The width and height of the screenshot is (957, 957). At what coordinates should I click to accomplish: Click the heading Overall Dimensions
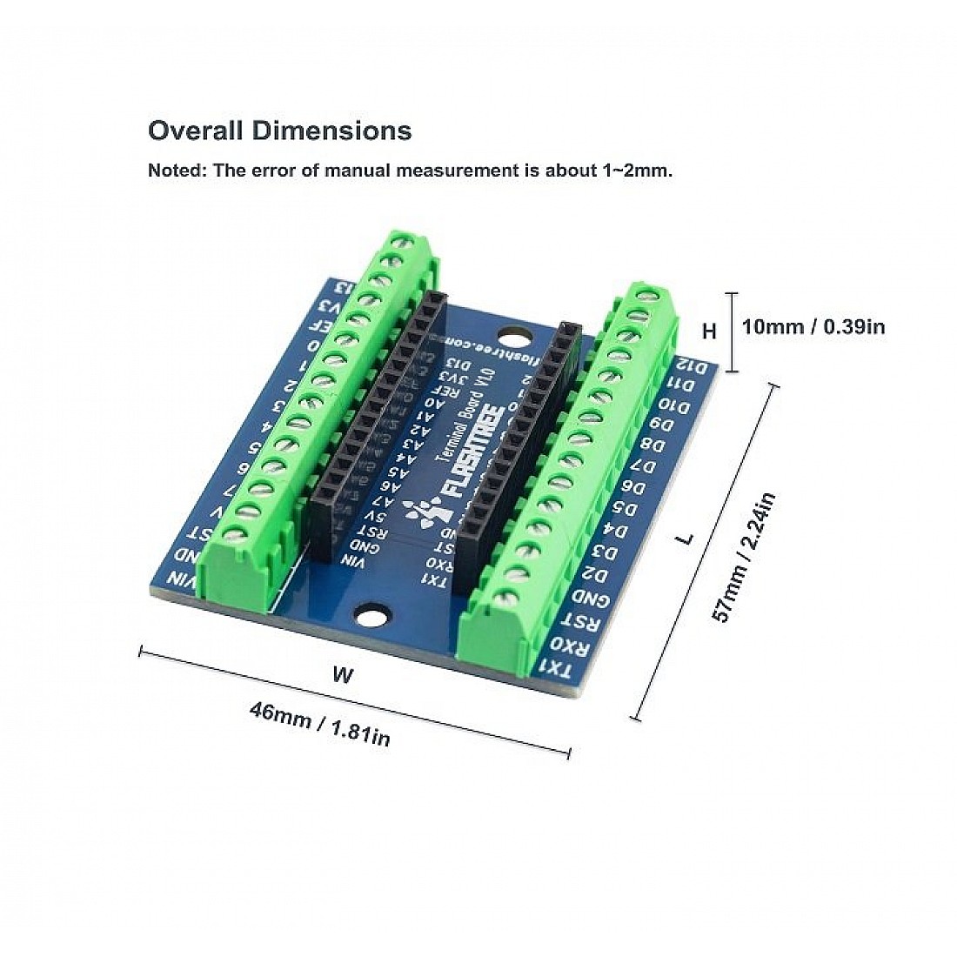pos(279,130)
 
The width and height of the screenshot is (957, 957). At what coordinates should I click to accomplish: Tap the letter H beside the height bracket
pos(710,331)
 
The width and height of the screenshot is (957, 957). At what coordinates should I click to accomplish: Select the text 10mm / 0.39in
pos(813,327)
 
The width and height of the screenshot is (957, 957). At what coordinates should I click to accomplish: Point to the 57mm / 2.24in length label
pos(744,557)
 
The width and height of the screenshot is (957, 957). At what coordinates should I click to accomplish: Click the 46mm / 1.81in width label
pos(319,724)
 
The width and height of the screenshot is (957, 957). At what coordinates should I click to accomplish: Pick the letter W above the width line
pos(344,674)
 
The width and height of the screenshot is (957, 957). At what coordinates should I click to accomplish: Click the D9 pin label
pos(663,425)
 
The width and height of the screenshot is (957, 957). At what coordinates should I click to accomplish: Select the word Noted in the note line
pos(177,171)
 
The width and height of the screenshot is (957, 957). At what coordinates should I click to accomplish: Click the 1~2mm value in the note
pos(638,171)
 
